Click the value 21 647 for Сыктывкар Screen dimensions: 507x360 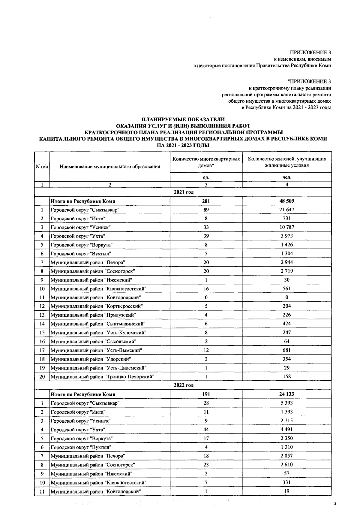[x=287, y=210]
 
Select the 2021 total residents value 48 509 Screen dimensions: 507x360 [x=287, y=201]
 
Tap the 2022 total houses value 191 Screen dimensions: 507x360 [x=206, y=394]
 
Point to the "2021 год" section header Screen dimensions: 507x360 [x=183, y=192]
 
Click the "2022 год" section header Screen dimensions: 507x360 [x=183, y=385]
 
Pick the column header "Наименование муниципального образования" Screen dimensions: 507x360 [x=110, y=167]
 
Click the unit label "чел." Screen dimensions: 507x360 [x=287, y=177]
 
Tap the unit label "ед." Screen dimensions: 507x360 [x=206, y=177]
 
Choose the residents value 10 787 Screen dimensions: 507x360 [x=287, y=227]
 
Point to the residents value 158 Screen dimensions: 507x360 [x=287, y=376]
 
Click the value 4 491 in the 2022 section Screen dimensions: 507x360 [x=287, y=430]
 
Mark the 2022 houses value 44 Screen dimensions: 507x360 [x=206, y=430]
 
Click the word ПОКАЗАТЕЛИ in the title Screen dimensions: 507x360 [x=202, y=119]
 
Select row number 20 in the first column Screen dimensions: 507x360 [x=42, y=376]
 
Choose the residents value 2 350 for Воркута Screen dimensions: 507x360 [x=287, y=438]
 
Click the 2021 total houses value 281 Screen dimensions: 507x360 [x=206, y=201]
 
